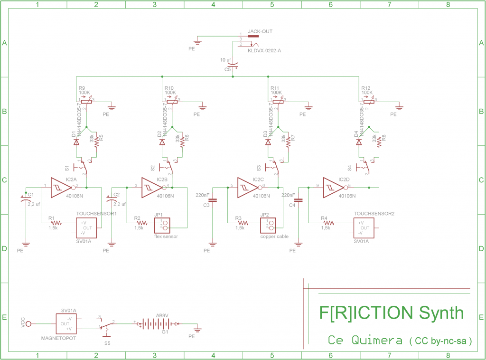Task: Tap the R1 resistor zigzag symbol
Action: (x=56, y=222)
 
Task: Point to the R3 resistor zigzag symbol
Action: (x=243, y=222)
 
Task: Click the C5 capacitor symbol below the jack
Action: (x=233, y=65)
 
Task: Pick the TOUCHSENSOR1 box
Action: (x=87, y=227)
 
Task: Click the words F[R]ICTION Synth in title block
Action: (x=391, y=313)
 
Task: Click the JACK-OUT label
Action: (x=260, y=31)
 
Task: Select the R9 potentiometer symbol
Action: (x=86, y=101)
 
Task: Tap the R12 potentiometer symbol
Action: (x=367, y=101)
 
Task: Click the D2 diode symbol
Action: (x=162, y=142)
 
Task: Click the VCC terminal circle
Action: (x=28, y=324)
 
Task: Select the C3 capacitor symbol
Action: (x=213, y=200)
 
